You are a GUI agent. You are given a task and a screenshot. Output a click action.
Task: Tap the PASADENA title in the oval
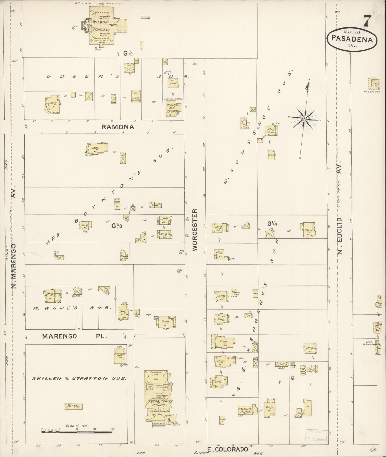pos(352,39)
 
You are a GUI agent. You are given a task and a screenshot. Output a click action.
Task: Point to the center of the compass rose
pos(304,118)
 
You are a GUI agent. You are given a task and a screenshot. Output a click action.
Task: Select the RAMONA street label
pos(118,127)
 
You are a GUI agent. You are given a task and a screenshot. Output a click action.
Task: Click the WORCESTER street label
pos(194,230)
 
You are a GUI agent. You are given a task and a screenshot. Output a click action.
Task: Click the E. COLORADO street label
pos(228,449)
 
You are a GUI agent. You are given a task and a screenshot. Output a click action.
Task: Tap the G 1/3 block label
pos(117,226)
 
